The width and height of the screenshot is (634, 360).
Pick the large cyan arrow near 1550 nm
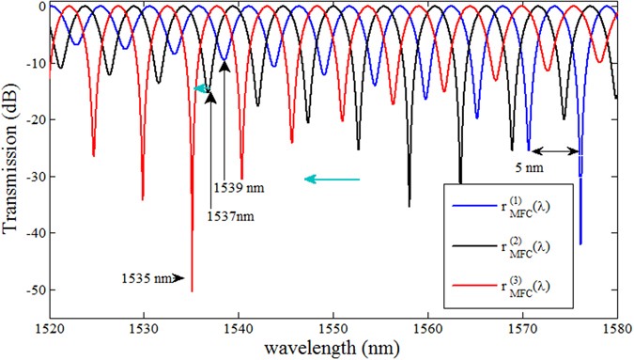[332, 179]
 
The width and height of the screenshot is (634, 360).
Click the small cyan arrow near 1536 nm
[199, 88]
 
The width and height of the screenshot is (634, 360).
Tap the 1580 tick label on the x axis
[615, 328]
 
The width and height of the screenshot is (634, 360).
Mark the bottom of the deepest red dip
[192, 290]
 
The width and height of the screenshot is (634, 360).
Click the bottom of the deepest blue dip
[580, 243]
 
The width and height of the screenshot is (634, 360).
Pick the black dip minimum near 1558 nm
[409, 205]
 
